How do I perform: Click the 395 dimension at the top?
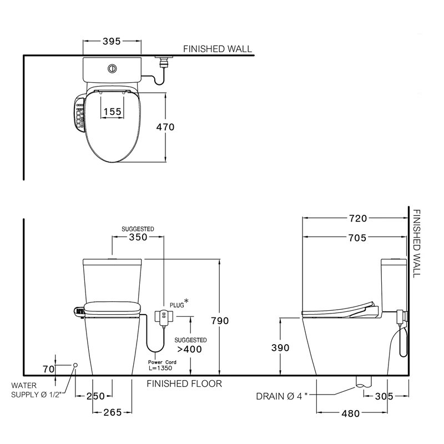pos(111,42)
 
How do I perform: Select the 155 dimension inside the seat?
pos(112,112)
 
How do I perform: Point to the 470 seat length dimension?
pos(165,127)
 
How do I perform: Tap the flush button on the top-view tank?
pos(112,69)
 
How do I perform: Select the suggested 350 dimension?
pos(138,237)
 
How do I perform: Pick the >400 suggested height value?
pos(190,349)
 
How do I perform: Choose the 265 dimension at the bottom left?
pos(112,413)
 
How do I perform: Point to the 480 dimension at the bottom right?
pos(351,413)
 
